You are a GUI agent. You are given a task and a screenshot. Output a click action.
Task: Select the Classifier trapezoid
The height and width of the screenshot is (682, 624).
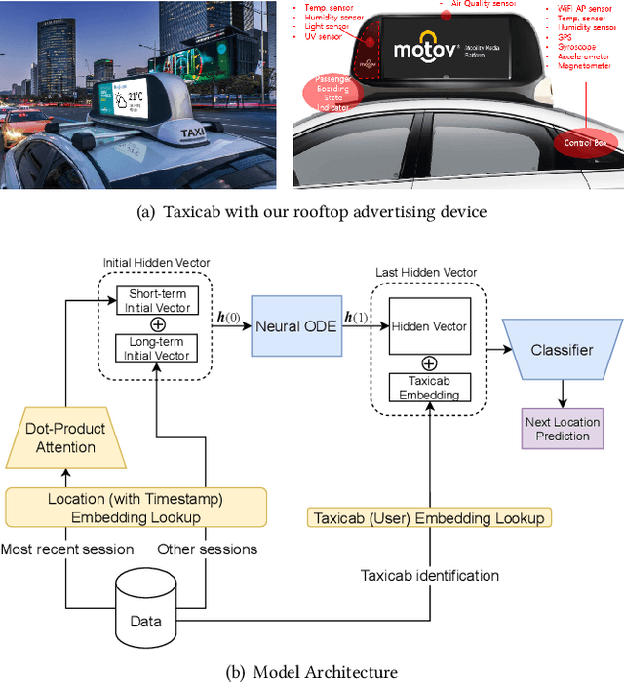(x=561, y=349)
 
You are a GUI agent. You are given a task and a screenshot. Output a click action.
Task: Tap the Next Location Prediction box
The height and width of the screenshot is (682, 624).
(x=563, y=428)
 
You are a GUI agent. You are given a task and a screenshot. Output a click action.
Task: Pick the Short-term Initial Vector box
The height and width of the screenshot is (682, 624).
(x=157, y=301)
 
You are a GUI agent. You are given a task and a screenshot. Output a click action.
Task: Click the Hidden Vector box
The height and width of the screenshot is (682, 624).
(x=429, y=326)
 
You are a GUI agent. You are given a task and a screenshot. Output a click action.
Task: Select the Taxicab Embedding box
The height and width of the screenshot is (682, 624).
(x=429, y=387)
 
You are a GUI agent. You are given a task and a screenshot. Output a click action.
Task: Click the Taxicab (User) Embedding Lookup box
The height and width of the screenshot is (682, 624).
(x=429, y=518)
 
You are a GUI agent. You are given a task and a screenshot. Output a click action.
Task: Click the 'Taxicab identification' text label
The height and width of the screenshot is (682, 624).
(x=429, y=576)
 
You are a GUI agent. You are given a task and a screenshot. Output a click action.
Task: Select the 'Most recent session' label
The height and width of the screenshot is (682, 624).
(x=68, y=549)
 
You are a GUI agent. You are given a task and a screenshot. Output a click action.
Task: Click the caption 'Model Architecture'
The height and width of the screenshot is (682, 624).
(x=325, y=671)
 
